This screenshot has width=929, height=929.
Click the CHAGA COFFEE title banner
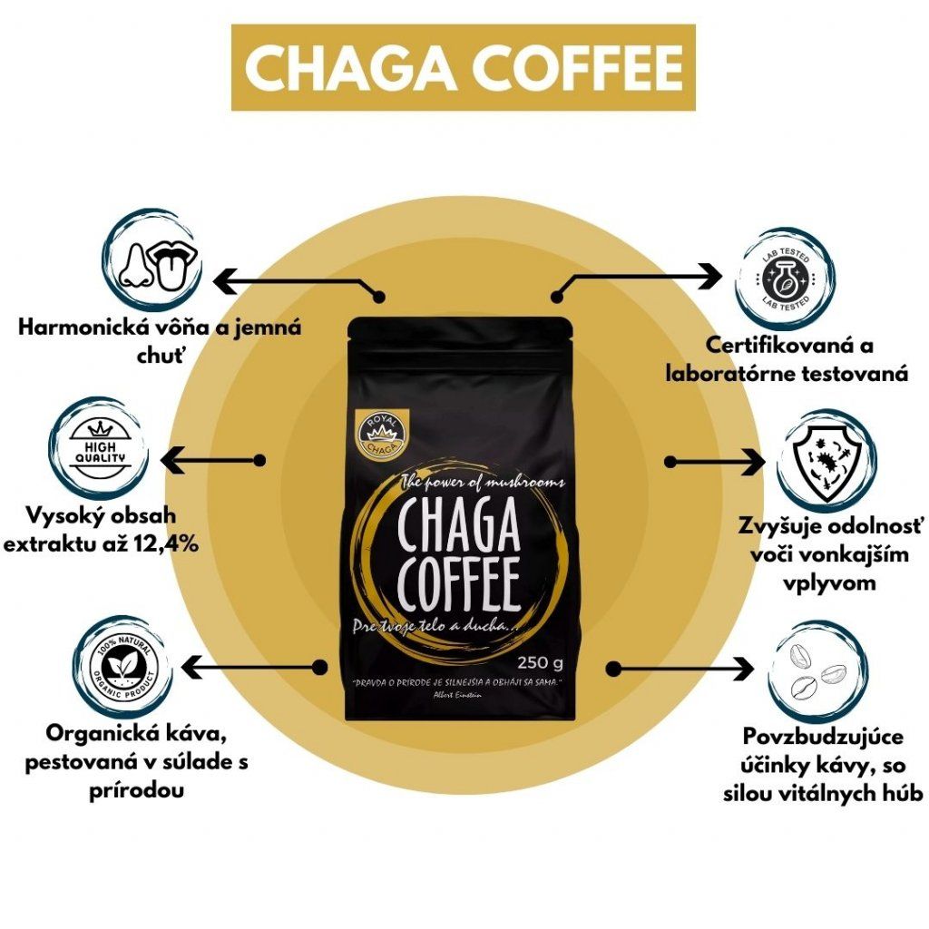point(464,68)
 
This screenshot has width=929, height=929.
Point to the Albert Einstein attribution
point(462,692)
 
